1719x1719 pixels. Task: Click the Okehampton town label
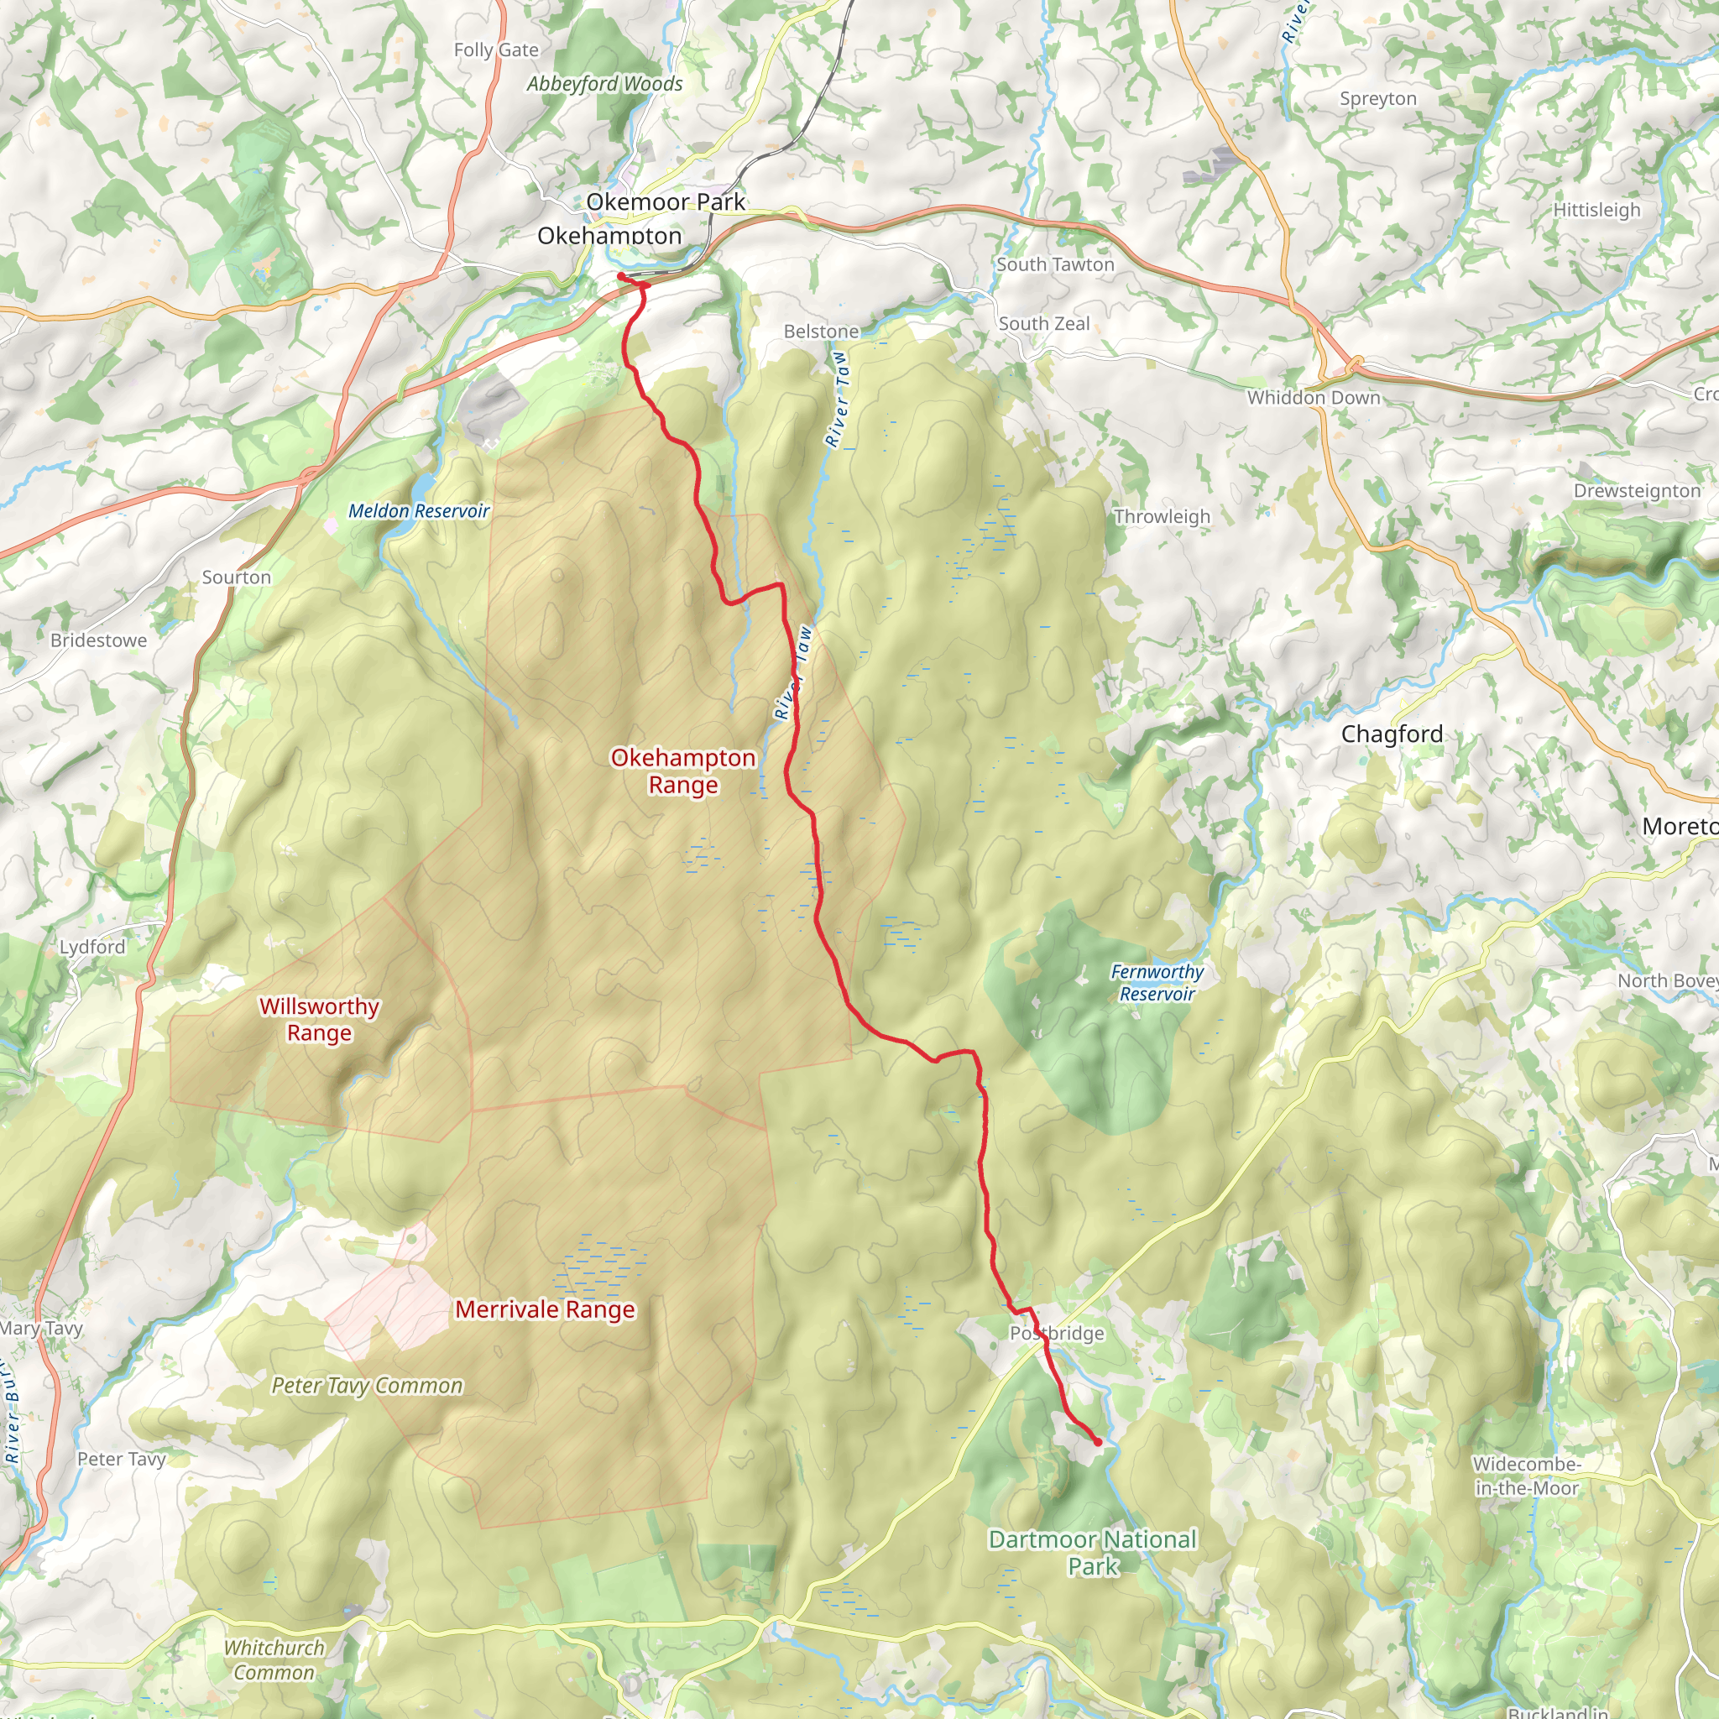pos(609,236)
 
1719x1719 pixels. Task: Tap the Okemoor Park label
pos(666,202)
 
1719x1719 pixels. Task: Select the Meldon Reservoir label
pos(418,510)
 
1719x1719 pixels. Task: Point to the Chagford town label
pos(1392,734)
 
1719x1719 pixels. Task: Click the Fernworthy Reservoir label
pos(1157,982)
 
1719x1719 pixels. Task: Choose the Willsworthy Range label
pos(320,1020)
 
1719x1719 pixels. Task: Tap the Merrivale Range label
pos(545,1309)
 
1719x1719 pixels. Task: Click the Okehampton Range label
pos(682,771)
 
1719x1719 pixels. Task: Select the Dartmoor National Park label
pos(1093,1552)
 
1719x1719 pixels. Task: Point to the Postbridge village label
pos(1056,1333)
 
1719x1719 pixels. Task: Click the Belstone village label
pos(821,331)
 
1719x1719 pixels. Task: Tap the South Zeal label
pos(1043,324)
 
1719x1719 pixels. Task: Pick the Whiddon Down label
pos(1314,398)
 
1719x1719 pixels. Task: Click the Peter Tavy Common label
pos(367,1385)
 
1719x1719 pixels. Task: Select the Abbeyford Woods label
pos(604,84)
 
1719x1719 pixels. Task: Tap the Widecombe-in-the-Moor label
pos(1526,1476)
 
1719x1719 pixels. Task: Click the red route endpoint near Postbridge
pos(1097,1442)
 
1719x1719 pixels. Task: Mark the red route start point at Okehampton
pos(620,277)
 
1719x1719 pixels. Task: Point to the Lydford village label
pos(92,947)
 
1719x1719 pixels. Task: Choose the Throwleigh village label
pos(1161,517)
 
